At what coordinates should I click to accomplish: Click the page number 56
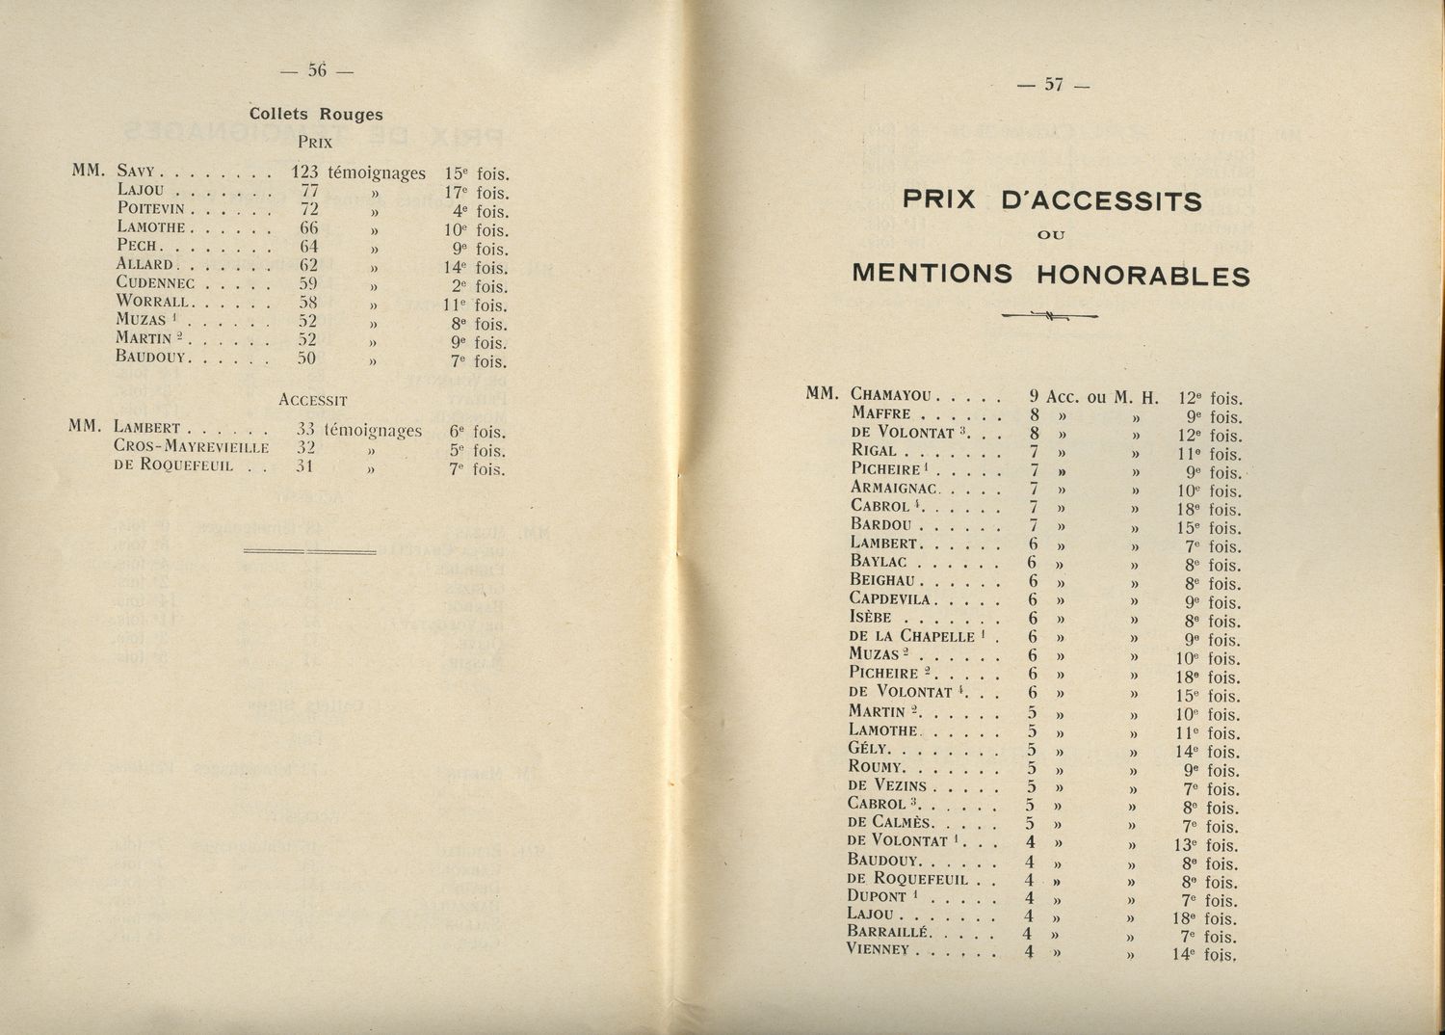317,69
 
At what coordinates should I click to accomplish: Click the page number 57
1053,85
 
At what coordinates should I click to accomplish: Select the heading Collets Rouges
316,114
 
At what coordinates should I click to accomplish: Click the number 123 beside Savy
304,173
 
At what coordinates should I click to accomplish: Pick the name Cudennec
155,283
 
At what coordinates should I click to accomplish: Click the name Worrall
154,302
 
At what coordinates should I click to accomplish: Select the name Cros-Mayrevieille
191,447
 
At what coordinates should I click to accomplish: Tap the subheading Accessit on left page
312,399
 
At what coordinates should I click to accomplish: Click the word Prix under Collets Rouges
315,142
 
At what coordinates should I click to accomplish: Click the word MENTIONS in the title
932,275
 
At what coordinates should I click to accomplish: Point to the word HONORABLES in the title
1143,277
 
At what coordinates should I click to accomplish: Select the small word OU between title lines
1052,235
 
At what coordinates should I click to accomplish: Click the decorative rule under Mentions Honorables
1050,314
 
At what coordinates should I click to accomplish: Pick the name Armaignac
894,488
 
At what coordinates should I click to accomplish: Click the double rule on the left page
309,551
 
